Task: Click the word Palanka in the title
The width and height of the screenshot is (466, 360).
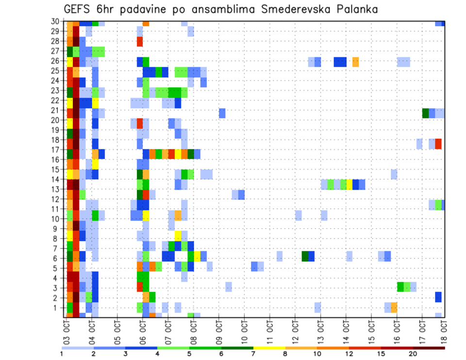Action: [353, 9]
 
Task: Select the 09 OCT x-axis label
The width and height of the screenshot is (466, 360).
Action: [219, 330]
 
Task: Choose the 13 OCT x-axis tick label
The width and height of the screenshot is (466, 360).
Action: [320, 330]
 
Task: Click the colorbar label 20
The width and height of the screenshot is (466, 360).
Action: [413, 354]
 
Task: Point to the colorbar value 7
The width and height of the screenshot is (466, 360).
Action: [253, 354]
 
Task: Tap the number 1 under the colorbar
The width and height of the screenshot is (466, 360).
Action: [62, 354]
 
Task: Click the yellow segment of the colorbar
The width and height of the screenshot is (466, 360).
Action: [269, 348]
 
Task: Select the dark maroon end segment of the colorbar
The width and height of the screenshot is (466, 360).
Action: [429, 348]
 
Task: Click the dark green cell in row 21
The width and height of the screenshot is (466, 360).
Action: [426, 113]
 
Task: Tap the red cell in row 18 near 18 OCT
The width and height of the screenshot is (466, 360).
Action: [438, 144]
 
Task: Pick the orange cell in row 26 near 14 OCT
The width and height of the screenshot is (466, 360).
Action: [355, 62]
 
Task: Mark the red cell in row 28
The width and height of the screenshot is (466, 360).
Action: [140, 42]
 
